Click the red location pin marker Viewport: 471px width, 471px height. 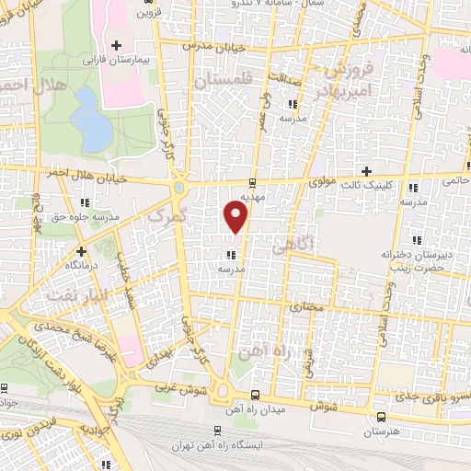pos(237,219)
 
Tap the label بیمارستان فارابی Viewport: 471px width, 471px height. pos(115,59)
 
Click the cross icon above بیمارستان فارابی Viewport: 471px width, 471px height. pos(115,45)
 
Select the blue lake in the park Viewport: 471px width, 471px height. pos(91,121)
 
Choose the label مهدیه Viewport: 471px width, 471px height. pos(252,197)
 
